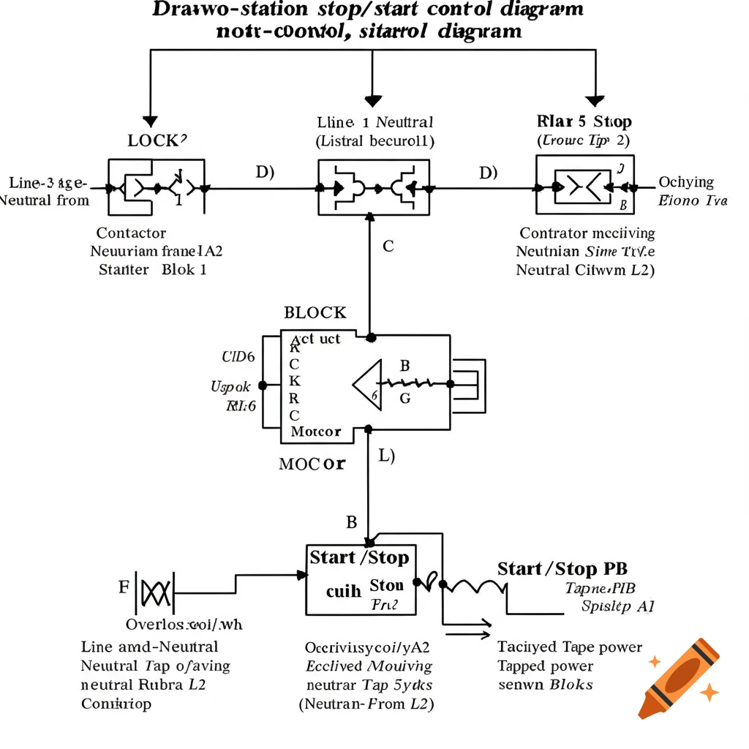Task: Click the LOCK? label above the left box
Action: coord(157,140)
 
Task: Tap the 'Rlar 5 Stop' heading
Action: coord(584,121)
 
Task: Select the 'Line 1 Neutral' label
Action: coord(375,122)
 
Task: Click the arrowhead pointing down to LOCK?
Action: coord(150,121)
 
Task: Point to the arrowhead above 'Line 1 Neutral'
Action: coord(374,101)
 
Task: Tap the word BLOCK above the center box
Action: coord(315,313)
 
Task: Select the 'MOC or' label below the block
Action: coord(312,464)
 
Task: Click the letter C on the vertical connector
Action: coord(388,246)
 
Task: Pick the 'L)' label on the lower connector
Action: coord(386,456)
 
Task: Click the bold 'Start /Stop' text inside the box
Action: coord(359,558)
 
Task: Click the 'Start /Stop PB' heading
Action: coord(562,569)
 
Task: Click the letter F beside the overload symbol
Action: coord(123,587)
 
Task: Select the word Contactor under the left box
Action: coord(131,233)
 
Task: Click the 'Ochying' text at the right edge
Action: coord(686,182)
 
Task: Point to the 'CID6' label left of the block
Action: coord(238,358)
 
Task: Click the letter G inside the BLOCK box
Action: coord(405,399)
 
